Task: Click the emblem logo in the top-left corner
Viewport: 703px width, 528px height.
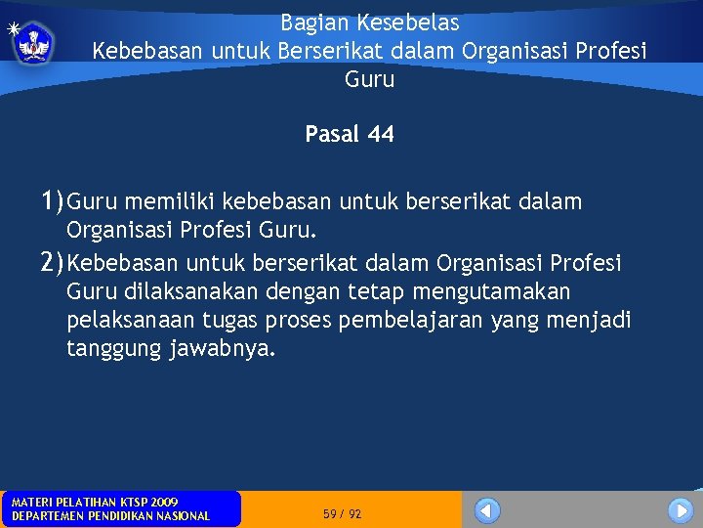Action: pyautogui.click(x=35, y=43)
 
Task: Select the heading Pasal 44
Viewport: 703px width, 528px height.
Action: pyautogui.click(x=350, y=135)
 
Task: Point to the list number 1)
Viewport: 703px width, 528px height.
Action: pyautogui.click(x=53, y=202)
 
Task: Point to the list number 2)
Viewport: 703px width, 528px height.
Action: pyautogui.click(x=53, y=263)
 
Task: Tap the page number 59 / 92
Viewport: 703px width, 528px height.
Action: pyautogui.click(x=342, y=514)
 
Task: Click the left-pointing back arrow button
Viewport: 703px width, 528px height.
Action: pyautogui.click(x=487, y=510)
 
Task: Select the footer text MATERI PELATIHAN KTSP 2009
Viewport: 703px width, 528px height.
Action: pyautogui.click(x=94, y=502)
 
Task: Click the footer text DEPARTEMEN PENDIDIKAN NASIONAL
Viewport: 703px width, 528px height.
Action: pyautogui.click(x=110, y=516)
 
